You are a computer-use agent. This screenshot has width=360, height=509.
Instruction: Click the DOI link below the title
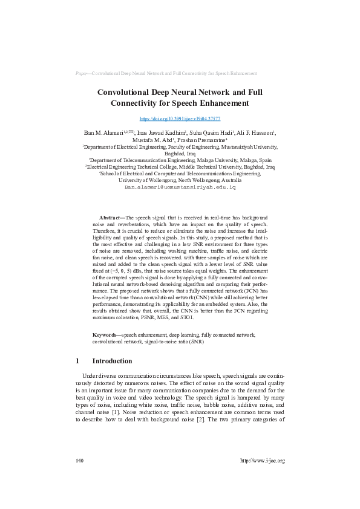point(180,119)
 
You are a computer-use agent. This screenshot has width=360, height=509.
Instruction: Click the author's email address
point(180,188)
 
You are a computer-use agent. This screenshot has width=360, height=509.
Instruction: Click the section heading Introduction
point(112,361)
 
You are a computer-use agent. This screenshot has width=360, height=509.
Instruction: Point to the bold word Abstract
point(110,216)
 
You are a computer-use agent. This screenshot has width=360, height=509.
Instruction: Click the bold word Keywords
point(106,334)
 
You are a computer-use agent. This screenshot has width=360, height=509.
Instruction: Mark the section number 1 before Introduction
point(78,361)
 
